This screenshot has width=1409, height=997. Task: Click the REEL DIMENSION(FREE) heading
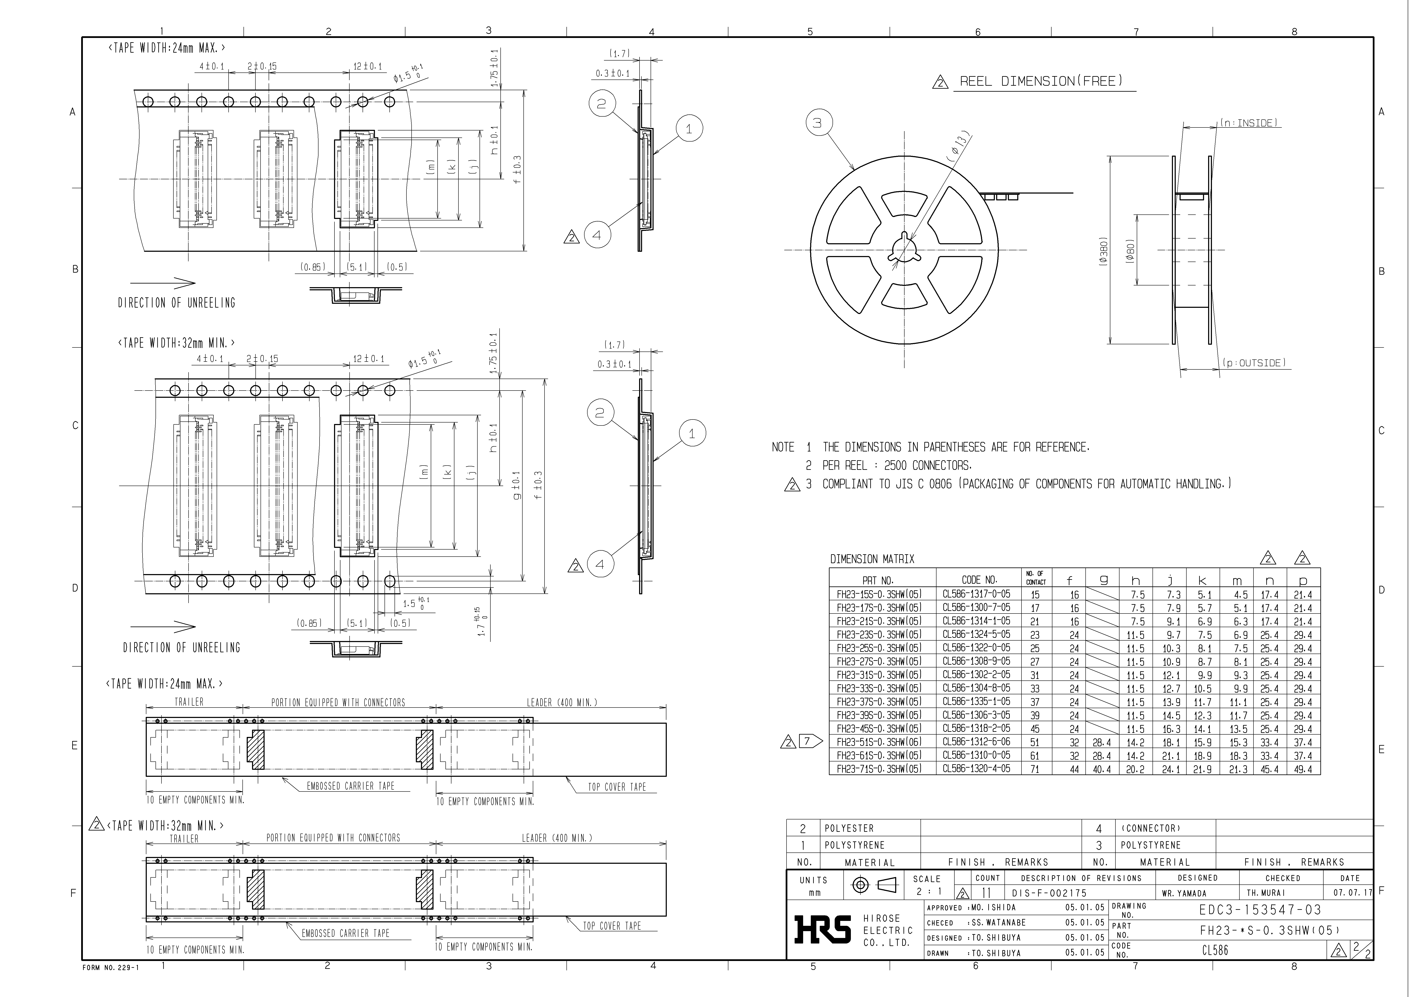pyautogui.click(x=1041, y=82)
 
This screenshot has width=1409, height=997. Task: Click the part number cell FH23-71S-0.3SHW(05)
pyautogui.click(x=879, y=769)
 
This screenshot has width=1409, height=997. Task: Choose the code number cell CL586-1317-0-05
pyautogui.click(x=976, y=594)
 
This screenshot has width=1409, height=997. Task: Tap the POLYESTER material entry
pyautogui.click(x=849, y=828)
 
